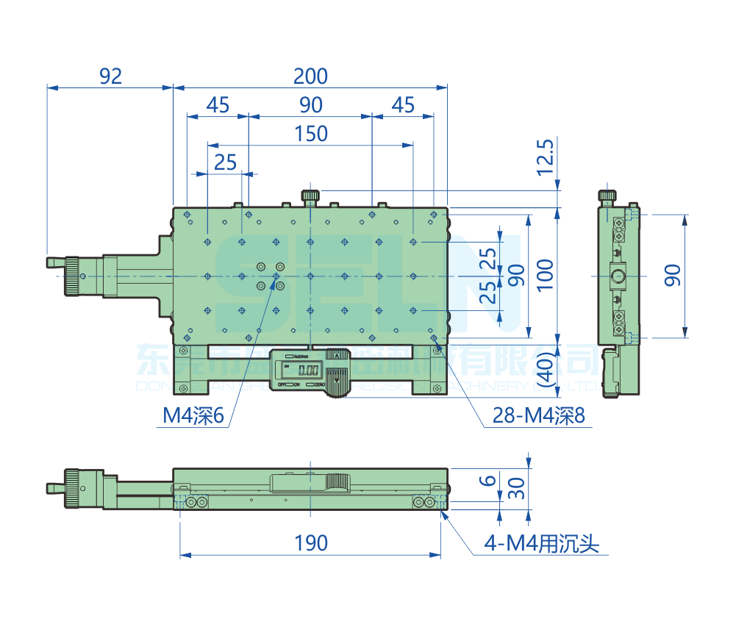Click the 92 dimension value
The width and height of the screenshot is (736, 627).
point(110,76)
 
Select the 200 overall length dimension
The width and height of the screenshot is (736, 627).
point(310,76)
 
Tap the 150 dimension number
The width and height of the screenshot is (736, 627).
point(310,134)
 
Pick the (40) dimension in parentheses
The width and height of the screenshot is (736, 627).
point(544,368)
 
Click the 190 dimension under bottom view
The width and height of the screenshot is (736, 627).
point(310,543)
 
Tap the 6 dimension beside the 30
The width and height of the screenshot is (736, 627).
point(487,481)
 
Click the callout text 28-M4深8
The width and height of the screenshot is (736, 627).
point(539,417)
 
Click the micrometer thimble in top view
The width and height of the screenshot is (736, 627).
point(72,276)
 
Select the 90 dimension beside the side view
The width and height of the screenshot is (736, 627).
point(673,275)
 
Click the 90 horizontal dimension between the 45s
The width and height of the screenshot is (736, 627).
point(310,105)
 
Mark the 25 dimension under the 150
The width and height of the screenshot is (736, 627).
point(225,162)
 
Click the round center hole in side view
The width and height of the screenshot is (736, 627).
point(618,276)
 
